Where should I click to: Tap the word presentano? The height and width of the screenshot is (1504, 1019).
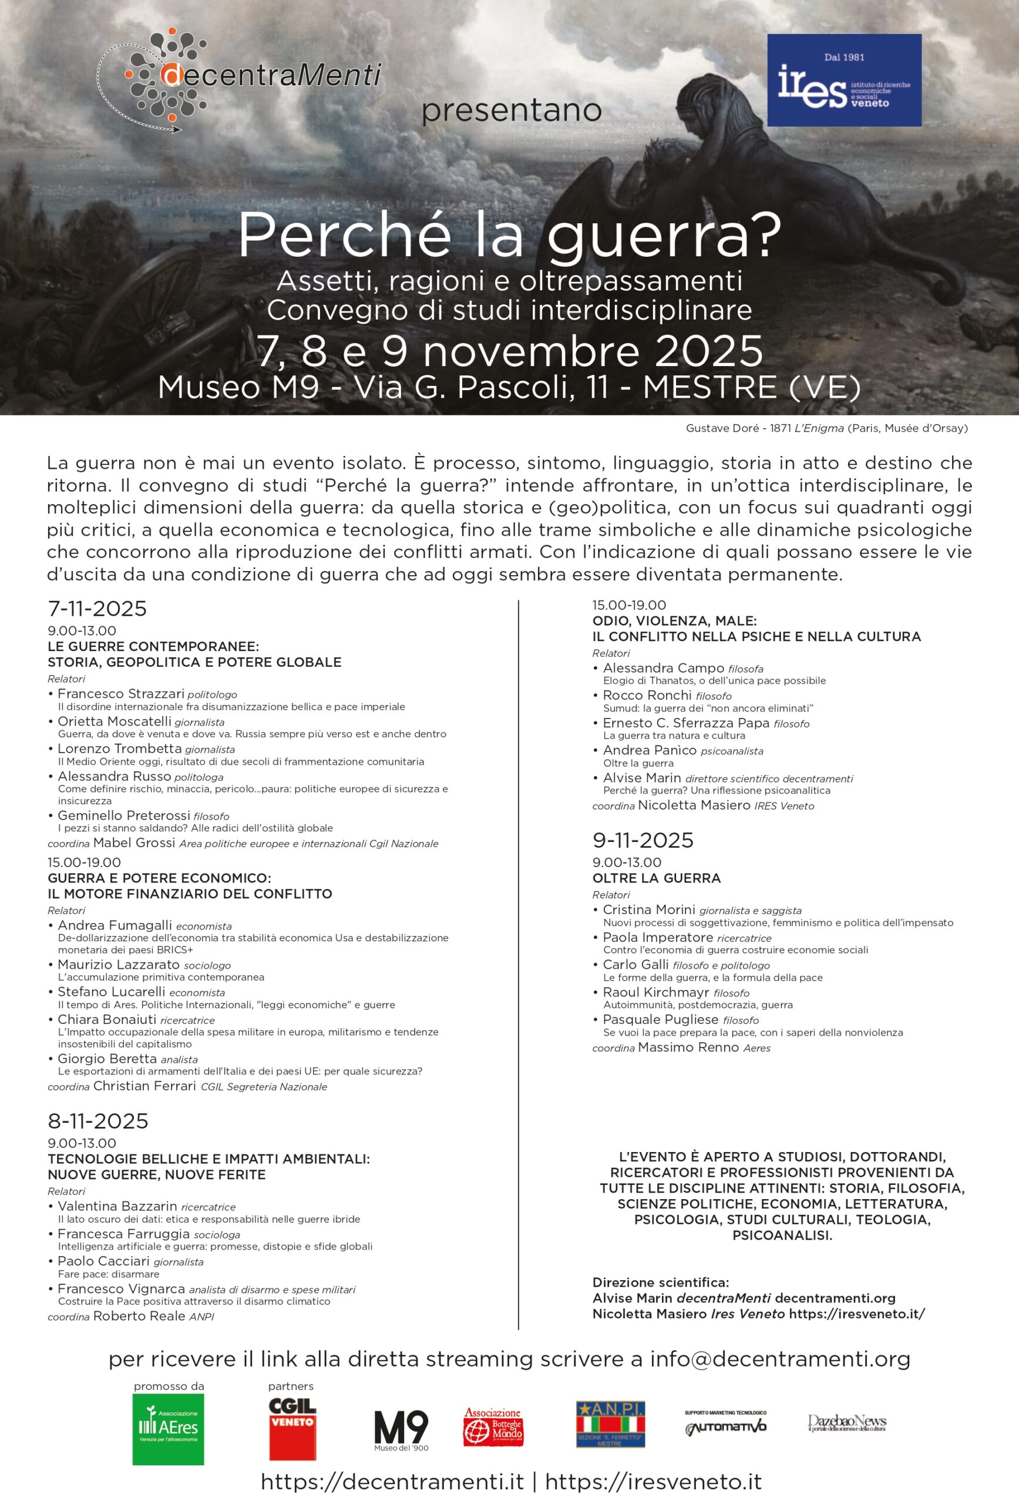click(511, 110)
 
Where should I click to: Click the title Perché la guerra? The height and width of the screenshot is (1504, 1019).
click(510, 236)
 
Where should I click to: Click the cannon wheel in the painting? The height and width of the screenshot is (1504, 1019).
click(129, 337)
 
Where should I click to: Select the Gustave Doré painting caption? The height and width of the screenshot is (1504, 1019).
click(826, 428)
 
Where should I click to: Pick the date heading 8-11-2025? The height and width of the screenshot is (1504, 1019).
click(97, 1121)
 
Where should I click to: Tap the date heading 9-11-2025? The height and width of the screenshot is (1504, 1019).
click(643, 840)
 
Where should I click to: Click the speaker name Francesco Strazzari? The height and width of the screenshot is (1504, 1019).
click(121, 694)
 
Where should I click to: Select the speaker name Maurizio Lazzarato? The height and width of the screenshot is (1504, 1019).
click(119, 964)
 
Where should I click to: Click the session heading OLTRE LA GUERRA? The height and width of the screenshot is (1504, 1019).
click(656, 878)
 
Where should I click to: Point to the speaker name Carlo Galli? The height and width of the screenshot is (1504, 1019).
click(635, 964)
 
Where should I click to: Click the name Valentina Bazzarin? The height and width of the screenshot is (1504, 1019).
click(117, 1206)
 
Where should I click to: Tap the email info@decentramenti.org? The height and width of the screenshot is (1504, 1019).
click(781, 1359)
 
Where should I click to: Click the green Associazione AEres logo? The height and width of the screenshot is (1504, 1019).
click(168, 1429)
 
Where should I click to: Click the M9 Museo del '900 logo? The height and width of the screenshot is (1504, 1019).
click(401, 1430)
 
